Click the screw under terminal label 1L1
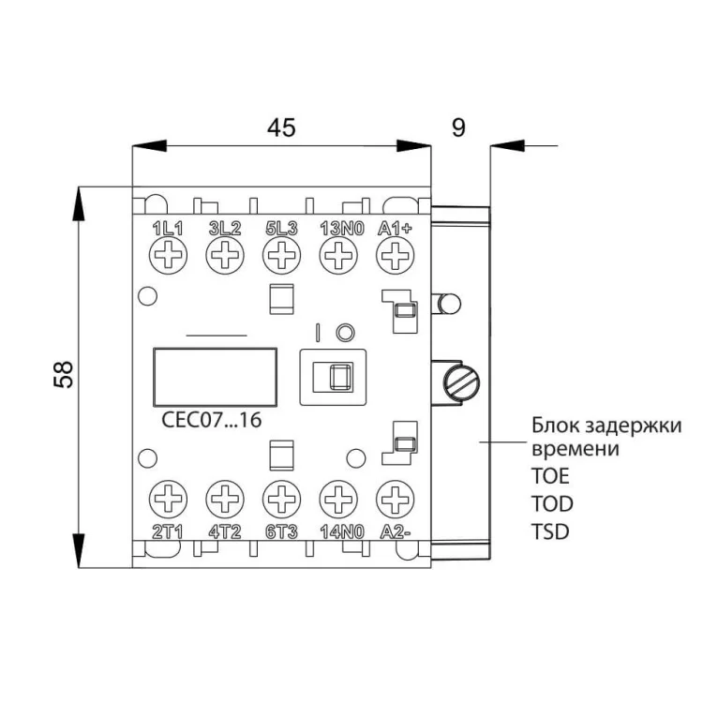click(170, 253)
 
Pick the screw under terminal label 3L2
click(225, 253)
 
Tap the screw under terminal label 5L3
click(280, 253)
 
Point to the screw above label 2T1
click(170, 497)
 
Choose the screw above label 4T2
click(225, 497)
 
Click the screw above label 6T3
click(280, 497)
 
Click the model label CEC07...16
click(205, 421)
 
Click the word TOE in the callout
click(550, 475)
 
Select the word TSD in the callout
click(550, 531)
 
